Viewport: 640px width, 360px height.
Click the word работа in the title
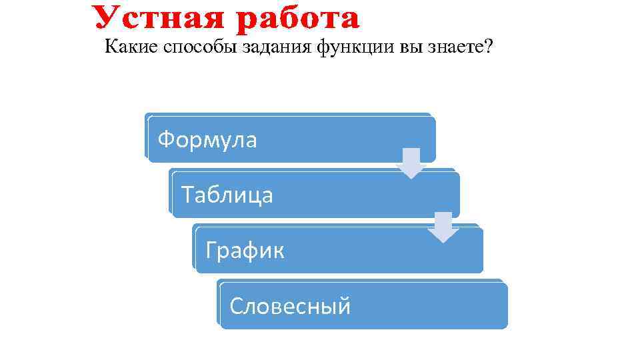pyautogui.click(x=296, y=19)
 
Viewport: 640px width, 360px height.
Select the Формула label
pyautogui.click(x=207, y=140)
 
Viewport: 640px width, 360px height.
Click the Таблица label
pyautogui.click(x=227, y=195)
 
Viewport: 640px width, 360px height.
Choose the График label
pyautogui.click(x=245, y=251)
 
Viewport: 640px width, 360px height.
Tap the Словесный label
pyautogui.click(x=289, y=306)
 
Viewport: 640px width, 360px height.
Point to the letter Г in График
pyautogui.click(x=211, y=251)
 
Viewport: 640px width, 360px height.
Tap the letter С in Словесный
pyautogui.click(x=235, y=306)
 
